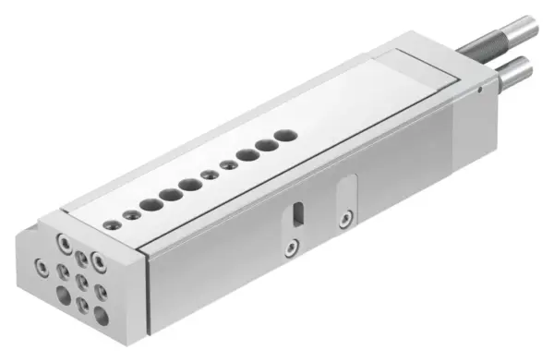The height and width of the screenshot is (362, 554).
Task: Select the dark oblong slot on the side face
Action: [296, 212]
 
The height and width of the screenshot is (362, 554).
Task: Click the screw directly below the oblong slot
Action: [291, 247]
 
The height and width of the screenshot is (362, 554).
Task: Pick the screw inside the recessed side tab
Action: [344, 219]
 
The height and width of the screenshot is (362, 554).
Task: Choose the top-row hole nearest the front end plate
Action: [113, 223]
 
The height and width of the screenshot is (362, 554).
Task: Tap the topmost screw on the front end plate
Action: [65, 243]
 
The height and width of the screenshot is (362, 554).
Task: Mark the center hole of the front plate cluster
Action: [81, 279]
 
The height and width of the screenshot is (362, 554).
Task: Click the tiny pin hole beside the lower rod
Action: [481, 90]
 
